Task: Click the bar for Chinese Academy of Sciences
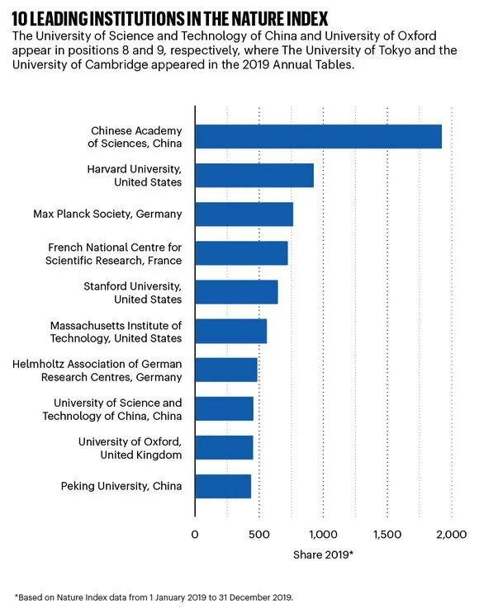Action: pyautogui.click(x=318, y=136)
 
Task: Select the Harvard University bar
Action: pyautogui.click(x=254, y=175)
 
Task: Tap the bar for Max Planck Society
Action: pyautogui.click(x=244, y=214)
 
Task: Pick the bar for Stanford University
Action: pyautogui.click(x=236, y=292)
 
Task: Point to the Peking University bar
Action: pyautogui.click(x=223, y=487)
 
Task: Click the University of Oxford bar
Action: pyautogui.click(x=224, y=447)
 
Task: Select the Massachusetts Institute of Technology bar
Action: pyautogui.click(x=230, y=331)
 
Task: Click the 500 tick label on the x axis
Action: pyautogui.click(x=258, y=535)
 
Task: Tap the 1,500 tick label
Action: pyautogui.click(x=387, y=535)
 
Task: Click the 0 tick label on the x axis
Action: pyautogui.click(x=195, y=535)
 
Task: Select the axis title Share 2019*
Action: pyautogui.click(x=323, y=554)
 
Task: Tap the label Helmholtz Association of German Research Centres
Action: pyautogui.click(x=97, y=370)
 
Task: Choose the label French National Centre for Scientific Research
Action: pyautogui.click(x=115, y=253)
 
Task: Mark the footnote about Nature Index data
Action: pyautogui.click(x=153, y=596)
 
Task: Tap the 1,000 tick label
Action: pyautogui.click(x=322, y=535)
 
